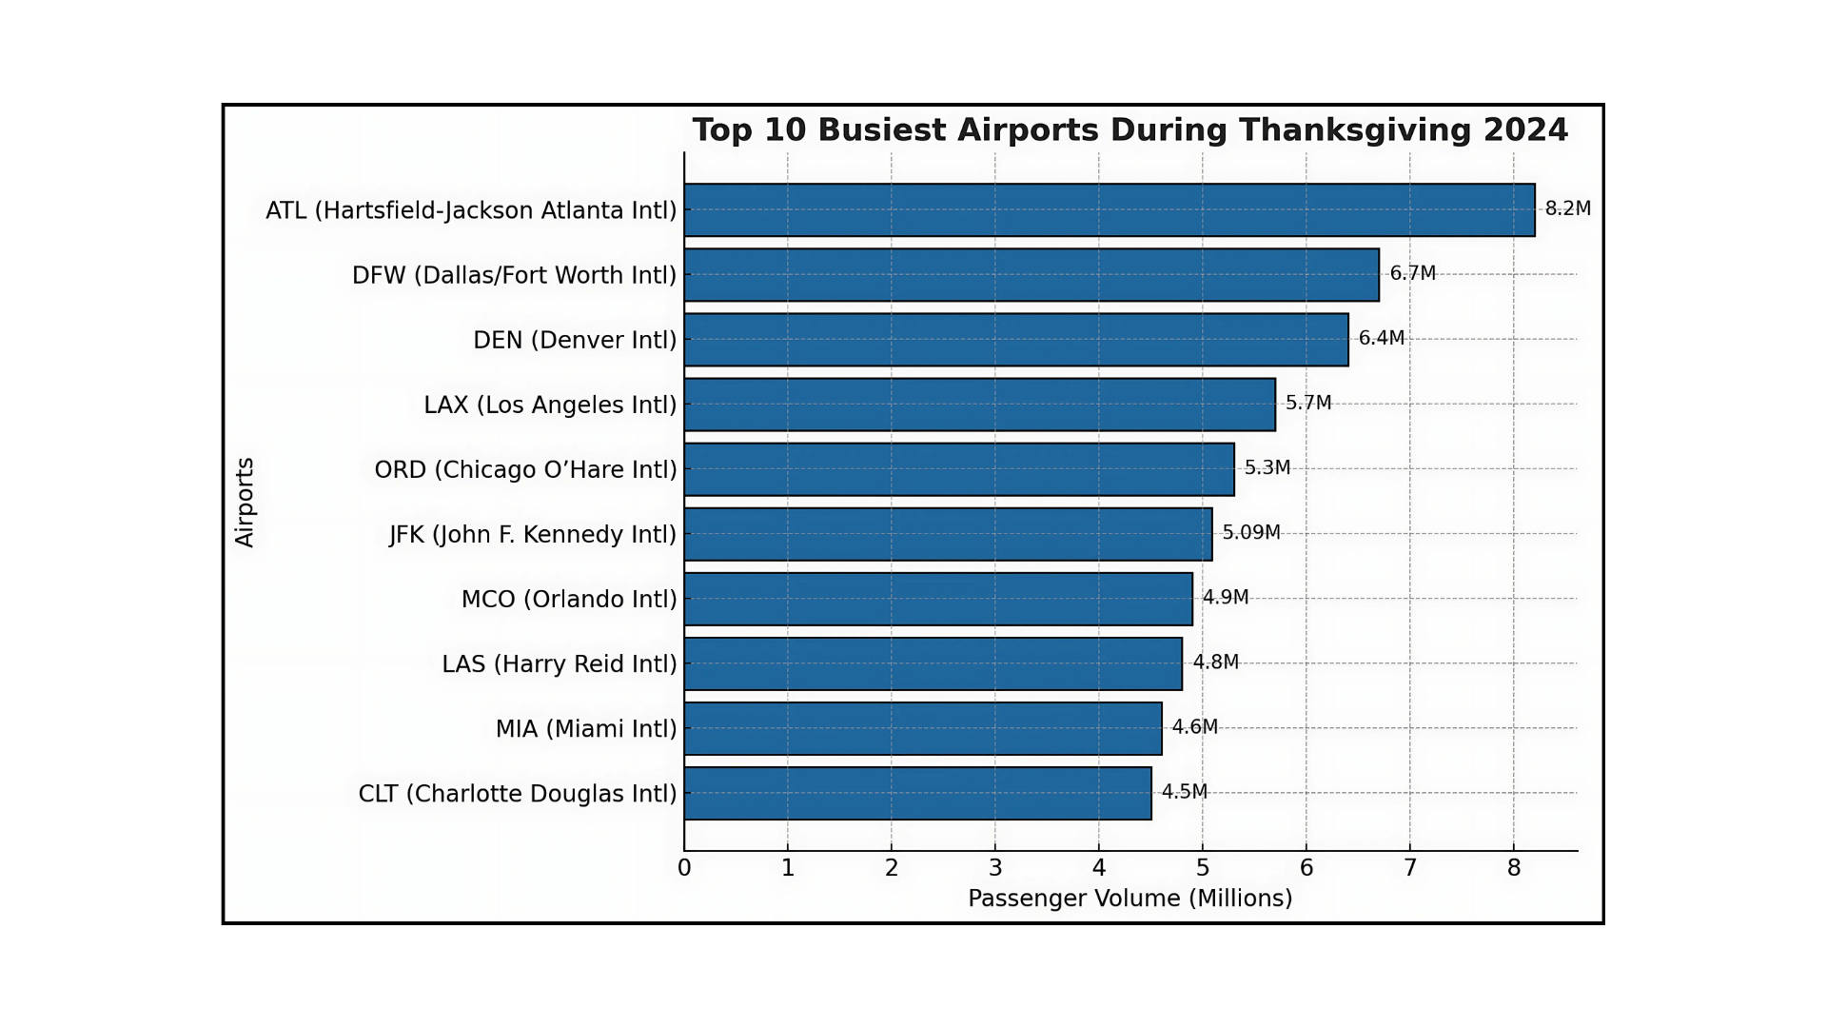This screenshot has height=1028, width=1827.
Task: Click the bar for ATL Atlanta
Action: click(1109, 209)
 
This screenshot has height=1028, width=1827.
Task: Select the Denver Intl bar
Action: click(1015, 340)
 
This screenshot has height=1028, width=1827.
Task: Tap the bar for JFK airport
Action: click(948, 534)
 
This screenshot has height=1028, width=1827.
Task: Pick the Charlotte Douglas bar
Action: click(917, 793)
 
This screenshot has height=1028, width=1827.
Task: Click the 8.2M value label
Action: click(1567, 208)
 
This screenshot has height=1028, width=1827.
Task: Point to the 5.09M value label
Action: click(1250, 532)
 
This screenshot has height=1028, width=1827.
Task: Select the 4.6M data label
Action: click(1194, 726)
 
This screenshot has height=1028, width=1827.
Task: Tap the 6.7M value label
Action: click(1412, 273)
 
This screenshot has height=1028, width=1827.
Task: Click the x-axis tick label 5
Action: click(1203, 868)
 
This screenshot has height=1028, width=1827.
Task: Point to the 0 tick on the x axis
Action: click(684, 868)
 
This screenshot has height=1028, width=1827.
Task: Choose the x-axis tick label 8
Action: click(1514, 868)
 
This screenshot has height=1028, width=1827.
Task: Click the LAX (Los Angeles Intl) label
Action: click(550, 405)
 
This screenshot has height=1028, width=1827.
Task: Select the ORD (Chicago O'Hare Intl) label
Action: click(525, 469)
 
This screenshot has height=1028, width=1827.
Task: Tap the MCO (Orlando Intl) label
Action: click(569, 599)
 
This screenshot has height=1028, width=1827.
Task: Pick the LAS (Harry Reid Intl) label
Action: click(560, 663)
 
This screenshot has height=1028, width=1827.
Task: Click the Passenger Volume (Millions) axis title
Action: click(1130, 899)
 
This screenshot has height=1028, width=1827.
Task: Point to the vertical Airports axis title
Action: click(245, 502)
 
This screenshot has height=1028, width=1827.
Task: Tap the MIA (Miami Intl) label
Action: click(586, 728)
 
